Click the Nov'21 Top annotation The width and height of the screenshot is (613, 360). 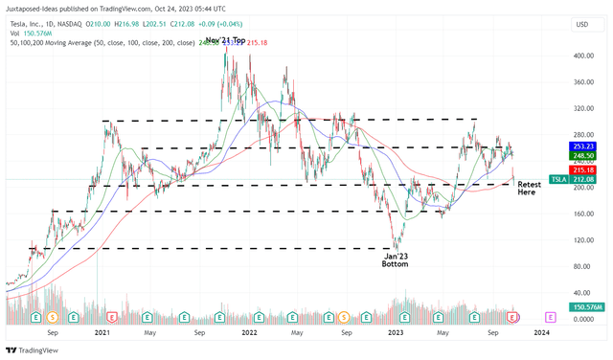(222, 41)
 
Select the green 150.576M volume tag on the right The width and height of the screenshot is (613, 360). (584, 306)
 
